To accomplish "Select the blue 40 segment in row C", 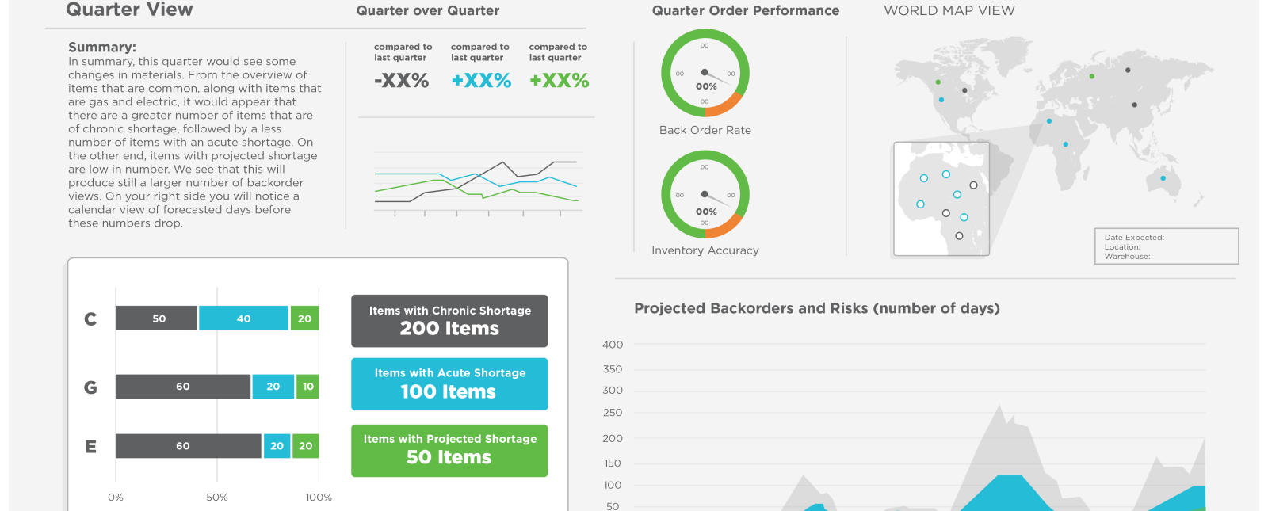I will (243, 318).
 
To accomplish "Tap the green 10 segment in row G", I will (307, 387).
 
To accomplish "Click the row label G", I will (90, 387).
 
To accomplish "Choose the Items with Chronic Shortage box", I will (449, 321).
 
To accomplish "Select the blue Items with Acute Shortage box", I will (449, 384).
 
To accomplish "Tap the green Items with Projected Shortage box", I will (449, 451).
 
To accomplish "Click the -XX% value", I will (402, 81).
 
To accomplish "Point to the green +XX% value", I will (559, 81).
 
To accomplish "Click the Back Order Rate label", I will (705, 130).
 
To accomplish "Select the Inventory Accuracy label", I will (705, 250).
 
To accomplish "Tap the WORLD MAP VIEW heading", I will (949, 10).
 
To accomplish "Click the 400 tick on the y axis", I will (613, 345).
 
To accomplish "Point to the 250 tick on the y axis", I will (613, 413).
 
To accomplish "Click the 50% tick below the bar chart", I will (217, 498).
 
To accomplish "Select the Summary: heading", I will (102, 48).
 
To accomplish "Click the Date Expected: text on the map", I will (1134, 238).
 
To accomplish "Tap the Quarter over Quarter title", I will (428, 11).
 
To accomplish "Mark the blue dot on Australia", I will (1163, 178).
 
